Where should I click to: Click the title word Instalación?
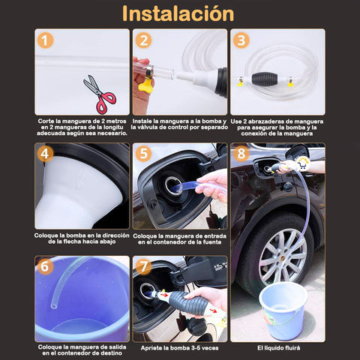[178, 13]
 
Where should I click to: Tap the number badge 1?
[46, 40]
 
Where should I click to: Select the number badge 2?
[143, 40]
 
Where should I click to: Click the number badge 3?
[241, 40]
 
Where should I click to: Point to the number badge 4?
[46, 154]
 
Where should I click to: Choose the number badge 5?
[143, 154]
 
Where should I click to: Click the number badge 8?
[241, 154]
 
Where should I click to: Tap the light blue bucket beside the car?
[283, 310]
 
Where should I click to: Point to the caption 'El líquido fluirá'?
[277, 348]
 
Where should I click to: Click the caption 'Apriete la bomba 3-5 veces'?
[179, 348]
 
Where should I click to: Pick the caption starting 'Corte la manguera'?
[82, 126]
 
